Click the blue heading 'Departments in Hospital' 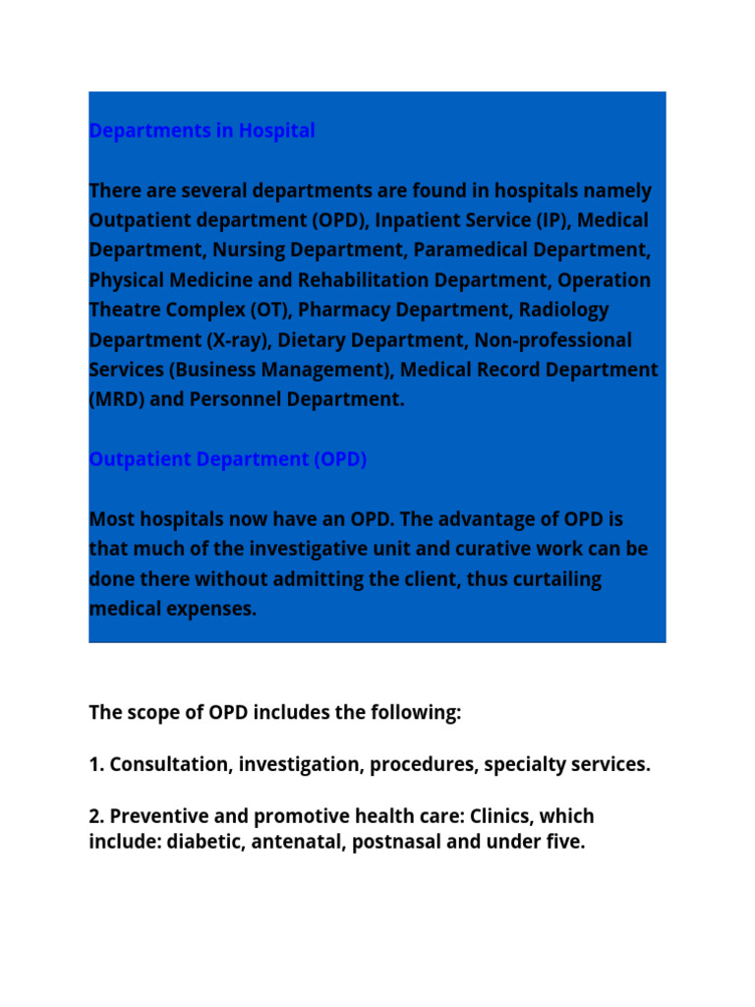click(202, 131)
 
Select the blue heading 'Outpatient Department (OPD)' click(227, 459)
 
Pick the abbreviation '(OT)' click(270, 310)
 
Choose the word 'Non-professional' click(553, 340)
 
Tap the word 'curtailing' click(554, 579)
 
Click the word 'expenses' click(209, 609)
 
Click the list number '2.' click(96, 816)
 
